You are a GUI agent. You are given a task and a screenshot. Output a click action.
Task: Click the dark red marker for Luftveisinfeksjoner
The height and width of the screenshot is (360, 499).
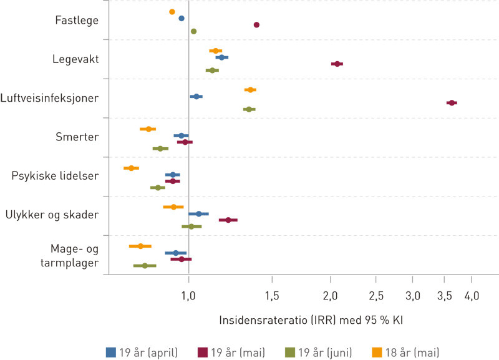(452, 102)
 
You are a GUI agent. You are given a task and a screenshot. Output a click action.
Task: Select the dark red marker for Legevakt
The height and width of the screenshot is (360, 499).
(337, 64)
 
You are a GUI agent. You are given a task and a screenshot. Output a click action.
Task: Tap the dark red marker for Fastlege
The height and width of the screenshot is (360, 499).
(256, 25)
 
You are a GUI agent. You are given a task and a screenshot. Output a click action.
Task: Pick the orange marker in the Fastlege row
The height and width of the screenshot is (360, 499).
(172, 12)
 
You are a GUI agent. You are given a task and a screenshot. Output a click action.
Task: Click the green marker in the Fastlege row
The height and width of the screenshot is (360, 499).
(193, 31)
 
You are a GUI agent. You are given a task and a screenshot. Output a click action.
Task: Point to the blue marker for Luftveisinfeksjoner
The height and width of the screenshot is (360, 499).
(196, 97)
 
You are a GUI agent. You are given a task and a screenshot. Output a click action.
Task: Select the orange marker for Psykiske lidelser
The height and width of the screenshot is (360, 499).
(131, 168)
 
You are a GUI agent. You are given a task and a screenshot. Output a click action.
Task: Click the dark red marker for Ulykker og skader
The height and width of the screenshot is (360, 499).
(228, 220)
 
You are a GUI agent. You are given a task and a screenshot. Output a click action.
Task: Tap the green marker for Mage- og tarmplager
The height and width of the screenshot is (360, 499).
(145, 265)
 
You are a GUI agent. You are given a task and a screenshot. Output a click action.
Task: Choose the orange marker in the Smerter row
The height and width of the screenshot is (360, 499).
(148, 129)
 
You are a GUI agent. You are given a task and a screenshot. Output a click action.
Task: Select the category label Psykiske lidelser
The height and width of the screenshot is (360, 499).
(56, 176)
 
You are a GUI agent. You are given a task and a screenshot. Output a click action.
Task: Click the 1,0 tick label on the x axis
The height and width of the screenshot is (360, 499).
(188, 294)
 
